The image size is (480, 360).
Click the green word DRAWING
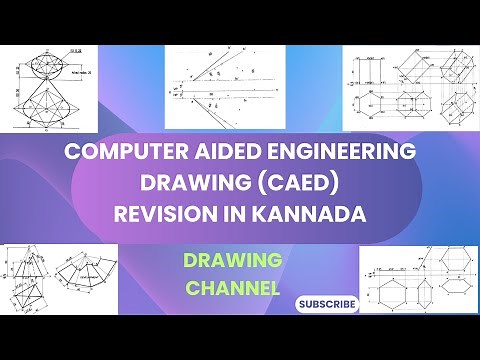(232, 260)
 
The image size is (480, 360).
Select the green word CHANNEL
(232, 288)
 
